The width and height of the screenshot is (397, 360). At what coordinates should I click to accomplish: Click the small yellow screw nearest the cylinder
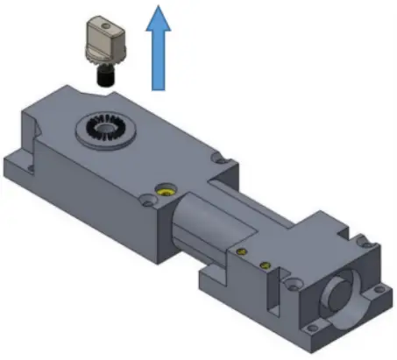tap(238, 252)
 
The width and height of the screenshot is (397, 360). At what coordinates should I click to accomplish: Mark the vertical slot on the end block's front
tap(281, 288)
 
